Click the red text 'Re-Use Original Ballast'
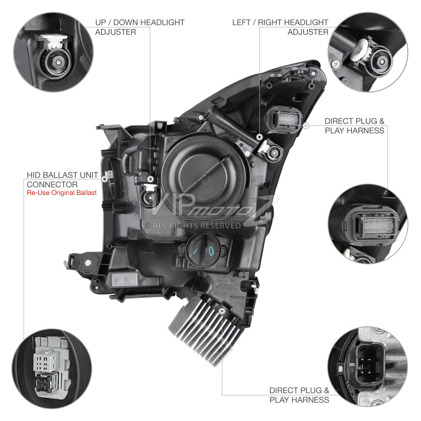click(x=62, y=193)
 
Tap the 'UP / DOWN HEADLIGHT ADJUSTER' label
click(x=140, y=27)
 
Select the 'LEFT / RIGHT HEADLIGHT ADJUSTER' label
click(x=280, y=27)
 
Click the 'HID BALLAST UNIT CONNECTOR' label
click(x=63, y=180)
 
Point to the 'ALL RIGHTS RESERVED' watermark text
click(x=197, y=226)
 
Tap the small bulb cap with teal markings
click(x=204, y=250)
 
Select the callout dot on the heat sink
click(x=222, y=311)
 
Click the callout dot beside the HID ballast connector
click(x=105, y=179)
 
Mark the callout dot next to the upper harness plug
click(x=306, y=125)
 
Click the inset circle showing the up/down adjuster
click(x=53, y=52)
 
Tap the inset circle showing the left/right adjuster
click(x=368, y=52)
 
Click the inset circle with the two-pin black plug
click(x=368, y=367)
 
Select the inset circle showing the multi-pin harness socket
click(x=368, y=224)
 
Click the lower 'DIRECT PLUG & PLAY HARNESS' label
click(x=299, y=395)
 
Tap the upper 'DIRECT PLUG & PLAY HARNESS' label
click(x=354, y=125)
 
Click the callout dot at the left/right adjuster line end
click(x=259, y=137)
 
